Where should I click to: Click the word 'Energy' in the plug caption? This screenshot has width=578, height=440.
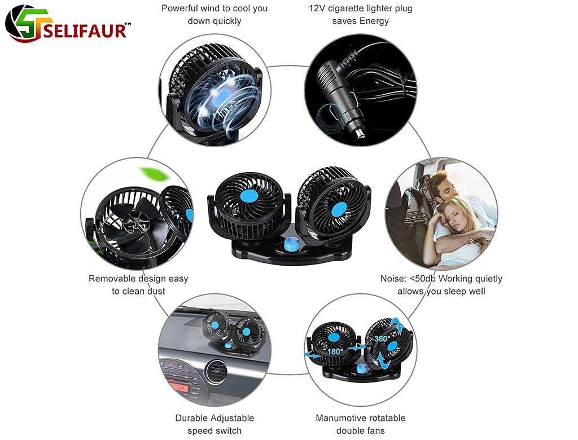click(x=374, y=21)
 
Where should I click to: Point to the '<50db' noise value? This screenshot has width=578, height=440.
click(x=423, y=279)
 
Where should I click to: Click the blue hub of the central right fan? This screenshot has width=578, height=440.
click(x=339, y=209)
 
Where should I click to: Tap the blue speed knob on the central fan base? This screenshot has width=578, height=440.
click(x=291, y=244)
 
